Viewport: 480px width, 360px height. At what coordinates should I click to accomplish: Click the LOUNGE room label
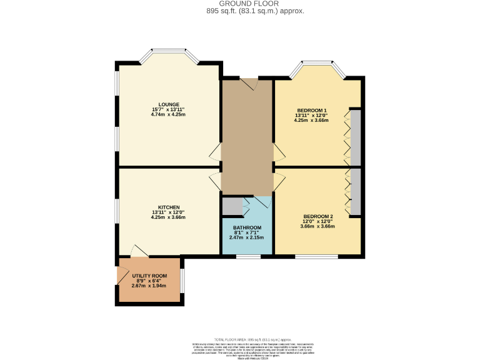click(169, 104)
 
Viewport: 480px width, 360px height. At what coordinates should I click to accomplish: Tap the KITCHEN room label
click(169, 207)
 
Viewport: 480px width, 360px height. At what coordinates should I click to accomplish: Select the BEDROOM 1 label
click(311, 111)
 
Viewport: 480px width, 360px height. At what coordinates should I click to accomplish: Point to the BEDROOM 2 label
click(318, 216)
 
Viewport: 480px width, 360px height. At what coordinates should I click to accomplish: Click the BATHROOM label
click(247, 227)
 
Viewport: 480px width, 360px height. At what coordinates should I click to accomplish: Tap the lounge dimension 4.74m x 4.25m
click(169, 115)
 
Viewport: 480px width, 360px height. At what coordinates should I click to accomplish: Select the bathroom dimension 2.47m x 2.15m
click(247, 237)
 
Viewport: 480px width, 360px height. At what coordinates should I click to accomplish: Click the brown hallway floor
click(247, 137)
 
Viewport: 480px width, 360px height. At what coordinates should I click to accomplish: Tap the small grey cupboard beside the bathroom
click(231, 205)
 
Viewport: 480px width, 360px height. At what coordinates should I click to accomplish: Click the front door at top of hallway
click(248, 84)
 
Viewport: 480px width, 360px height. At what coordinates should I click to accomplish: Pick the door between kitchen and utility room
click(139, 251)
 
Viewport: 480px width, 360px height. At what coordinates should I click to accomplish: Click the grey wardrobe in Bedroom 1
click(355, 138)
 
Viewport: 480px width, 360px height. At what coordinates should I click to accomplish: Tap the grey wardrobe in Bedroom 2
click(355, 191)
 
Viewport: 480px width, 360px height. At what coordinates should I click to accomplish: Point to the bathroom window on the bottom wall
click(248, 256)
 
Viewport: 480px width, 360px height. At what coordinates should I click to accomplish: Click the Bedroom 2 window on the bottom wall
click(316, 256)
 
